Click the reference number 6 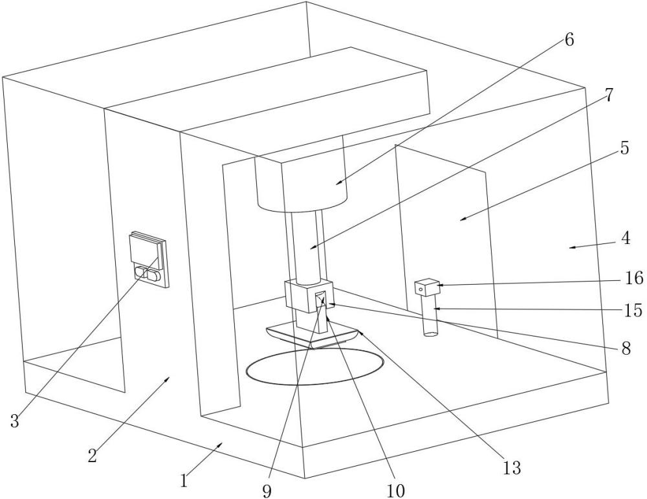[569, 39]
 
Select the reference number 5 [624, 148]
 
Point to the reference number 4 [625, 238]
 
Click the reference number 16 [634, 278]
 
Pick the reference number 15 [634, 310]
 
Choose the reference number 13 [512, 468]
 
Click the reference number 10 [395, 491]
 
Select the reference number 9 [267, 491]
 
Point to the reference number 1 [184, 480]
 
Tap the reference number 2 [93, 455]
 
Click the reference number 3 [14, 421]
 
